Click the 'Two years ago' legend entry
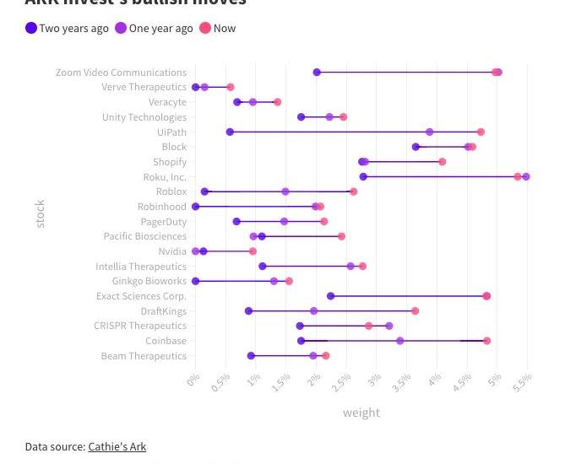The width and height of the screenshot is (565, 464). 68,28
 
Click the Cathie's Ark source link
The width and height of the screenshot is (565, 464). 117,446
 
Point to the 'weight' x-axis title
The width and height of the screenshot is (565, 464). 361,413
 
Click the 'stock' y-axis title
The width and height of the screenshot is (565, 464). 41,214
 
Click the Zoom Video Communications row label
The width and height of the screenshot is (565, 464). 121,73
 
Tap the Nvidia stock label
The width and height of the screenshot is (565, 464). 172,251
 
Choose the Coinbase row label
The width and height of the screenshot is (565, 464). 166,341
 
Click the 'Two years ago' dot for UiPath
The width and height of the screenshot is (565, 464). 230,132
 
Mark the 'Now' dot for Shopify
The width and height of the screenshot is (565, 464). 442,162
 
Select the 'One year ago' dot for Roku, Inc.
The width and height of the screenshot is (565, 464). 526,177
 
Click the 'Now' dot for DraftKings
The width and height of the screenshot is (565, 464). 415,311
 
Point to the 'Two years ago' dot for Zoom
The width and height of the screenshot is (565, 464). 317,73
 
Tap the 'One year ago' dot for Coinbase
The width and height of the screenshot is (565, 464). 400,341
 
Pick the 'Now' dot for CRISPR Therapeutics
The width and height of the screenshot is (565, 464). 369,326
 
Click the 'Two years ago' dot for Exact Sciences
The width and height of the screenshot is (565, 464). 331,296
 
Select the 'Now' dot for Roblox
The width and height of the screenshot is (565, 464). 354,192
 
